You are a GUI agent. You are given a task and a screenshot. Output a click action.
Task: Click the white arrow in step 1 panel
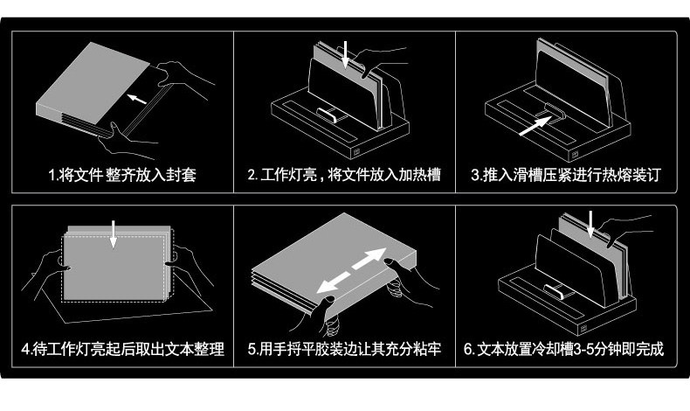[137, 95]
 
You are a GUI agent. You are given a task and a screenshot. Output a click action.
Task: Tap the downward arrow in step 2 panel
[347, 53]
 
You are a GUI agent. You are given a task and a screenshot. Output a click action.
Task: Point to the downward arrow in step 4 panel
[114, 233]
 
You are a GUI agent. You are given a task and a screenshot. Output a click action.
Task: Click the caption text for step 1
[121, 175]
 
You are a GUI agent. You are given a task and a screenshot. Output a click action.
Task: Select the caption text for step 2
[344, 175]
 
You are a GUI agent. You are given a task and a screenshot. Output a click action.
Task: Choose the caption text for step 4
[121, 350]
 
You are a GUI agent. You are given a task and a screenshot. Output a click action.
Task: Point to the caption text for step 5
[344, 350]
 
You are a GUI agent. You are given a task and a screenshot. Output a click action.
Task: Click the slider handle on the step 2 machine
[329, 114]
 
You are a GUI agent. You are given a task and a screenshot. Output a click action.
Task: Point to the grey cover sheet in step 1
[96, 83]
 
